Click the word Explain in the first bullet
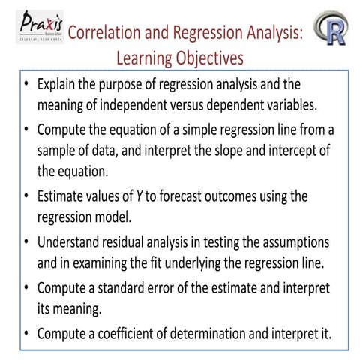pyautogui.click(x=59, y=82)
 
